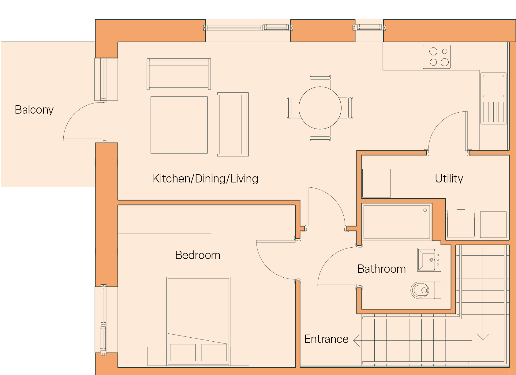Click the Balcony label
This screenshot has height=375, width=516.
coord(34,110)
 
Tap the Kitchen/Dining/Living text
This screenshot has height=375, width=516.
coord(205,179)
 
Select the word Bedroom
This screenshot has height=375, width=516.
coord(198,255)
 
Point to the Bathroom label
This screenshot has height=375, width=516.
coord(381,269)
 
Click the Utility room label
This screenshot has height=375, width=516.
coord(449,178)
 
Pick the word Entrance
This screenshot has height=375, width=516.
coord(327,339)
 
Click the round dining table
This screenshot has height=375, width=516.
coord(320,108)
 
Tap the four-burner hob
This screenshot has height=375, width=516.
coord(436,57)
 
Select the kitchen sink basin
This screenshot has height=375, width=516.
coord(493,86)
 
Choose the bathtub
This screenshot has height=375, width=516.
coord(397,222)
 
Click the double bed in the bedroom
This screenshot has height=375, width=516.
coord(198,321)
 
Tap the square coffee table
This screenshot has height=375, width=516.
coord(179,125)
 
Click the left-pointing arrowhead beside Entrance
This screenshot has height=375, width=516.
coord(356,340)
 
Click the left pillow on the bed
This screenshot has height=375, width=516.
coord(183,352)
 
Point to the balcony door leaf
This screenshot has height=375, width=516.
coord(83,140)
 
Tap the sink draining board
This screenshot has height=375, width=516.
coord(493,112)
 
